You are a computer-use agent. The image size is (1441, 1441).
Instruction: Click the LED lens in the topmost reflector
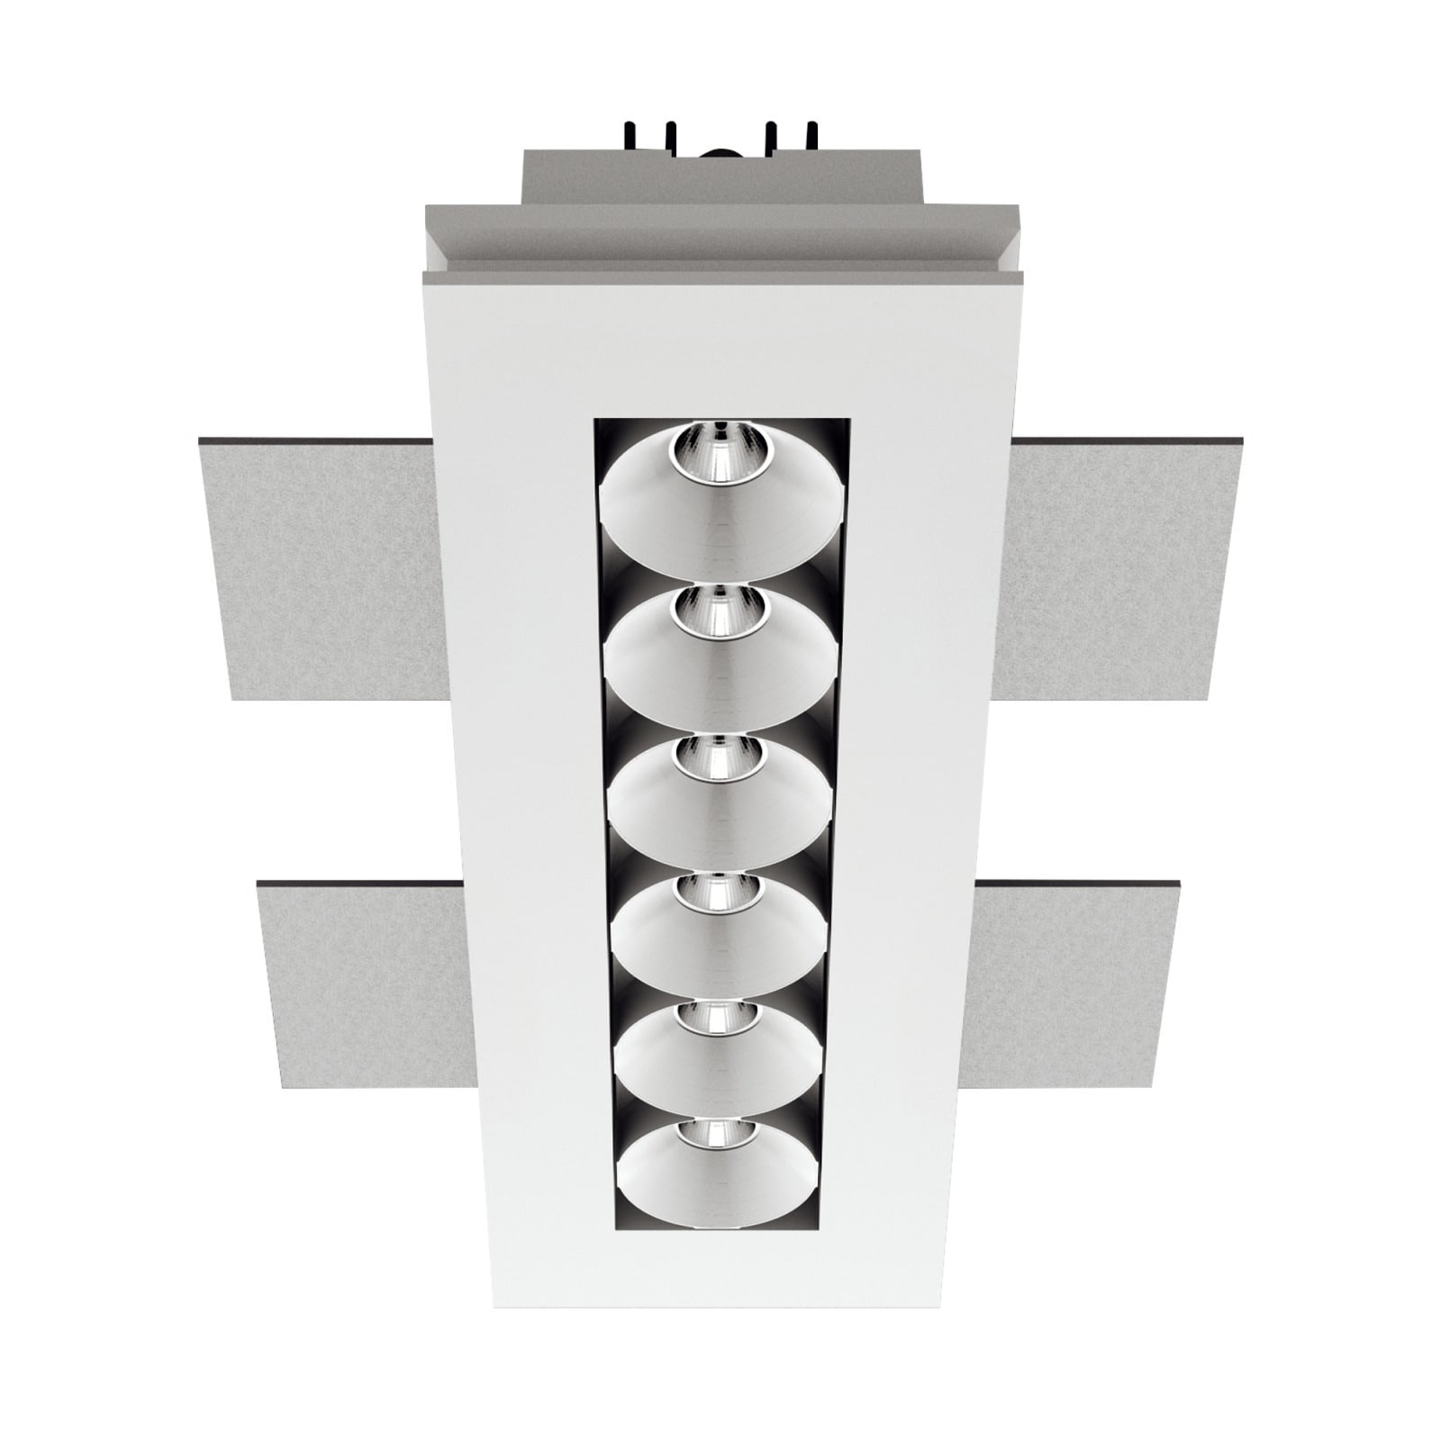pyautogui.click(x=718, y=445)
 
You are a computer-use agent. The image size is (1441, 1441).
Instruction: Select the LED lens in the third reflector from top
pyautogui.click(x=717, y=757)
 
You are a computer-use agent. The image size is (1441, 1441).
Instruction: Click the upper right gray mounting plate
pyautogui.click(x=1121, y=567)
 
